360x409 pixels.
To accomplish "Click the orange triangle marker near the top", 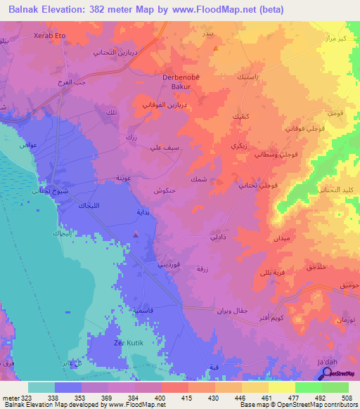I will point(216,48).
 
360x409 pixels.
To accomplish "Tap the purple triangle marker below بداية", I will point(136,234).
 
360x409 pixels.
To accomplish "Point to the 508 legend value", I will point(346,397).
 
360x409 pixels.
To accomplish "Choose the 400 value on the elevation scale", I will point(161,397).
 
